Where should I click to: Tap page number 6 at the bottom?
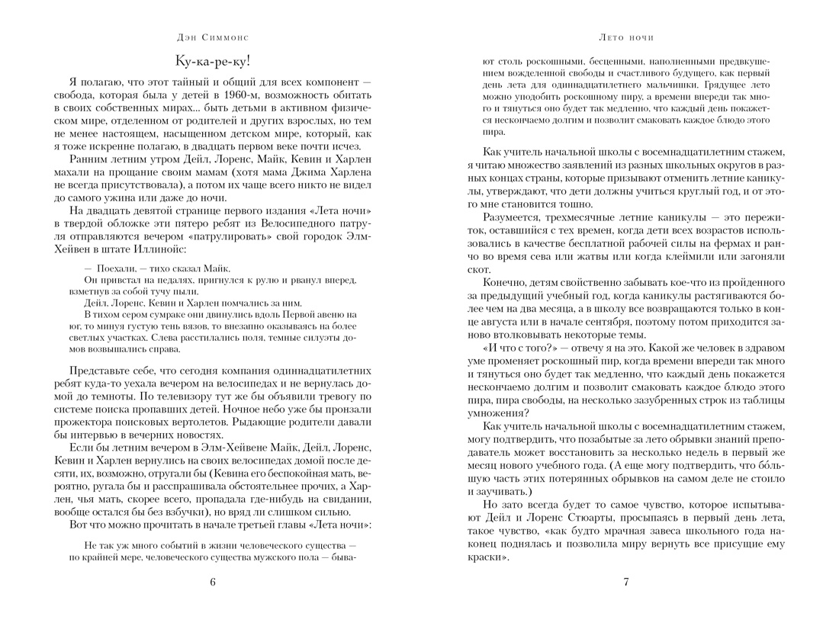tap(212, 582)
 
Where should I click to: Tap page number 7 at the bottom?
tap(625, 582)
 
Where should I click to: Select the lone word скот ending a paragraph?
tap(477, 270)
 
